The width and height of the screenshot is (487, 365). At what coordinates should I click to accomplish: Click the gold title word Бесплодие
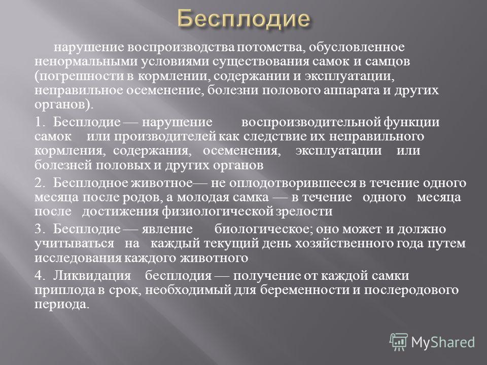pos(244,19)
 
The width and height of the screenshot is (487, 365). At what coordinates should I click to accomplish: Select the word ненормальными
pos(86,61)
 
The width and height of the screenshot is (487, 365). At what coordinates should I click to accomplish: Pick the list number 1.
pos(40,122)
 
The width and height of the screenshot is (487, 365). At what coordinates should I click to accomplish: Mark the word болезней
pos(63,165)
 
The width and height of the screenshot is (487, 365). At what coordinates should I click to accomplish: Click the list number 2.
pos(40,183)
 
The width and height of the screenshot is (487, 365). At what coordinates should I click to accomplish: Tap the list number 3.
pos(40,229)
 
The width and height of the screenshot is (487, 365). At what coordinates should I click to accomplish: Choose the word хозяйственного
pos(344,243)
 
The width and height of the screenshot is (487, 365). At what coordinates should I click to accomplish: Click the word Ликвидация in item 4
pos(92,276)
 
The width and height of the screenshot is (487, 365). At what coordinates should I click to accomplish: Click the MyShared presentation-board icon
pos(399,342)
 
